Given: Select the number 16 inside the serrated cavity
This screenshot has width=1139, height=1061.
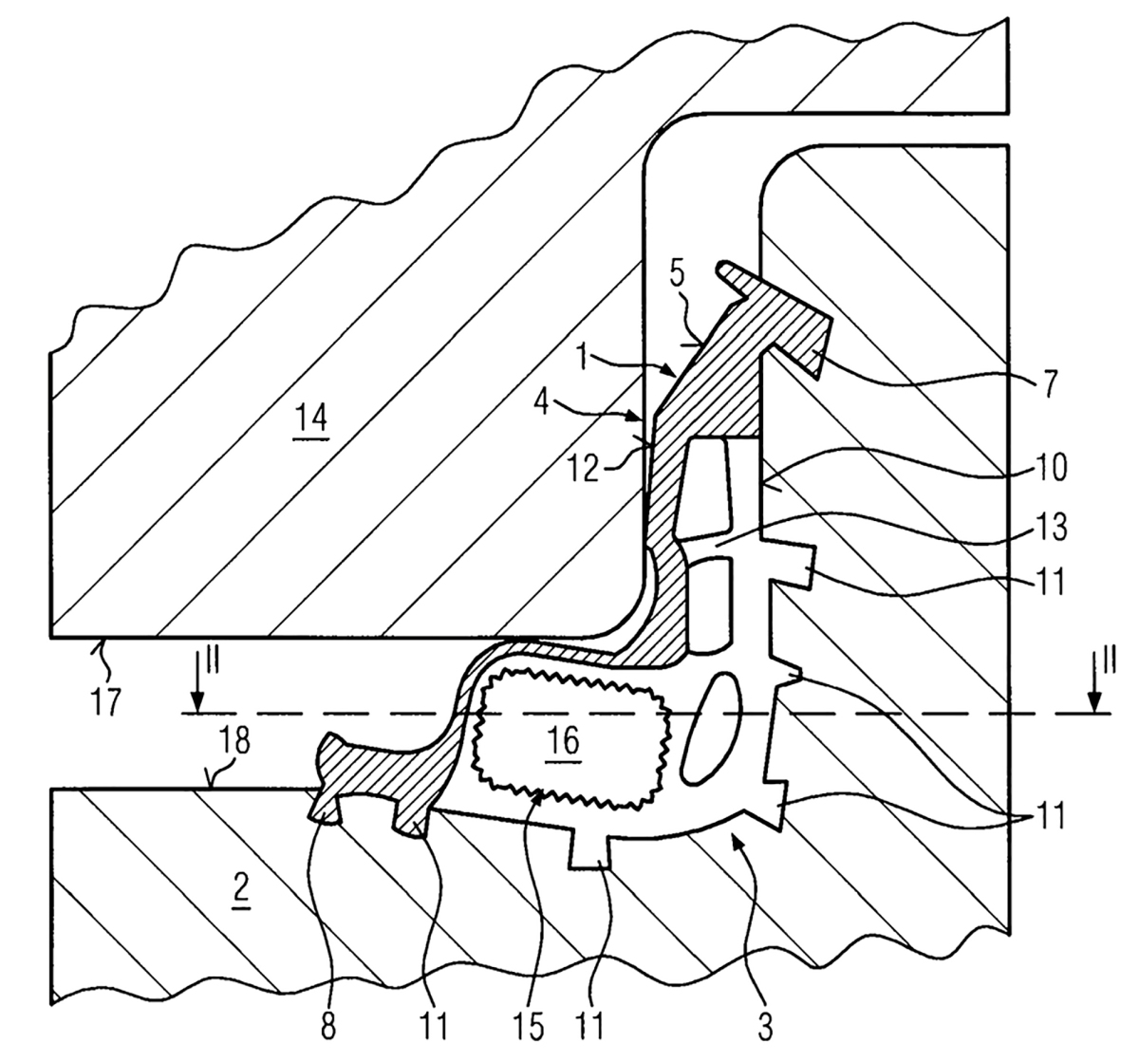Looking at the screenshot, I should pos(562,740).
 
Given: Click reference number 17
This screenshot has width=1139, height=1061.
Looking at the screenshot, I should pos(105,701).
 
